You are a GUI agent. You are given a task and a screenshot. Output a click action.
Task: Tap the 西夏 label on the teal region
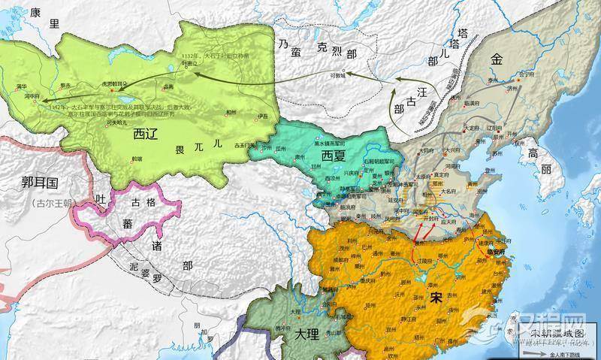coord(337,155)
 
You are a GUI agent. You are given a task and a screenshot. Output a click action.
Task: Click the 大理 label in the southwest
coord(307,331)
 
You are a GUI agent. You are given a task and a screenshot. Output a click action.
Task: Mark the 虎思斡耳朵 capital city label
coord(113,84)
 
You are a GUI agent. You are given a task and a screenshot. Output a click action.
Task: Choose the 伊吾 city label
coord(262,115)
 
